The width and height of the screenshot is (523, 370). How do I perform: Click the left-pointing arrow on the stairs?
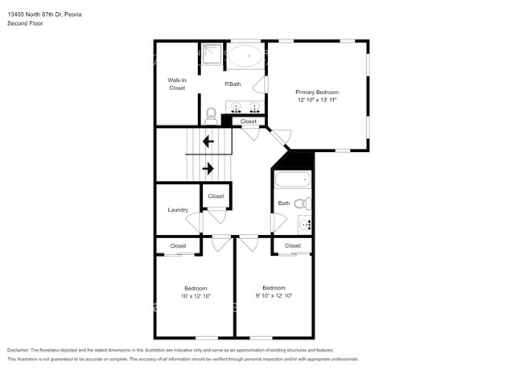point(208,142)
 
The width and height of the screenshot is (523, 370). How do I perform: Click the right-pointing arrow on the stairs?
point(208,168)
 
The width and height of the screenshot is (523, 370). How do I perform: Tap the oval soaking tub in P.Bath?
point(245,58)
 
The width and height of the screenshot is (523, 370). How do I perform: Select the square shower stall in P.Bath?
point(212,53)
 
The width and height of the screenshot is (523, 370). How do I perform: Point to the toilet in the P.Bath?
point(211,115)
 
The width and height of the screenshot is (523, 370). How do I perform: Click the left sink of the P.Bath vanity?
point(237,107)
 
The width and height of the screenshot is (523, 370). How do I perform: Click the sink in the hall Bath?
point(305,224)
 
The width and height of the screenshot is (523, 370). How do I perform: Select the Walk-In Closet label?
point(176,84)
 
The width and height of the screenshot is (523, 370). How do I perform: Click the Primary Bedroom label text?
point(316,92)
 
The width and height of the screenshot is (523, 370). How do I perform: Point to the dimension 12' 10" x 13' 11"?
point(316,100)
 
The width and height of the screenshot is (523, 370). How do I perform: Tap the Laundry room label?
point(178,210)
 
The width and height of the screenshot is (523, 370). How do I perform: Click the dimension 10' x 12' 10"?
point(196,296)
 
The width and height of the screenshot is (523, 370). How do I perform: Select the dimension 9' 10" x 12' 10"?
point(274,295)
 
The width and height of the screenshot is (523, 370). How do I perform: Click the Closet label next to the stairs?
point(216,195)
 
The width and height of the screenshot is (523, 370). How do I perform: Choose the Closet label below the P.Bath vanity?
point(249,121)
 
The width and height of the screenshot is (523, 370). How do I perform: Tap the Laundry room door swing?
point(192,221)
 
